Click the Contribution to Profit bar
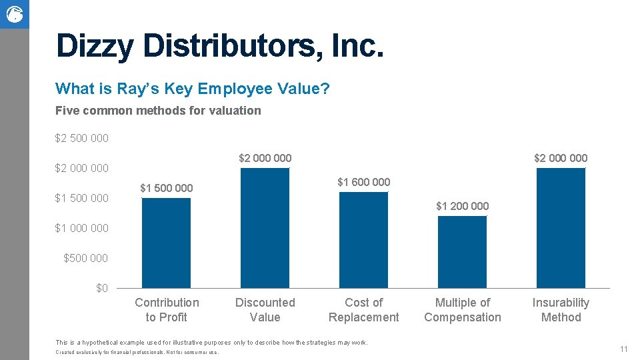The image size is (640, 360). [x=166, y=243]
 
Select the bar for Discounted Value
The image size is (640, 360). [x=265, y=228]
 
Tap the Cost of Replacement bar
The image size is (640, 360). [x=363, y=240]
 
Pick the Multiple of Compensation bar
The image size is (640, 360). [x=462, y=252]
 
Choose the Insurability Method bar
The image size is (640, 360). [x=561, y=228]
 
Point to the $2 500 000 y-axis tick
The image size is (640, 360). [x=82, y=139]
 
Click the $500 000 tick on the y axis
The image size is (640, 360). [x=85, y=258]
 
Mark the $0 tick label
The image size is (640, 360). [x=102, y=288]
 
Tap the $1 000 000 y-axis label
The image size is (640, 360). [x=82, y=228]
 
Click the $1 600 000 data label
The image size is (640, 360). [x=363, y=182]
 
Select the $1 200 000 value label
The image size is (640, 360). [x=462, y=206]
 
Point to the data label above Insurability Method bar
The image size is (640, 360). [x=561, y=158]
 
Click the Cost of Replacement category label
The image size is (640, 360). [x=363, y=310]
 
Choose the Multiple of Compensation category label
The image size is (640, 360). [x=462, y=310]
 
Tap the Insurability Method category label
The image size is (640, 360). [x=561, y=310]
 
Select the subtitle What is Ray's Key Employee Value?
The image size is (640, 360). [x=193, y=89]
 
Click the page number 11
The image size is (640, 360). [x=624, y=349]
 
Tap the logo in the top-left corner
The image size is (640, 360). [x=14, y=14]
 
